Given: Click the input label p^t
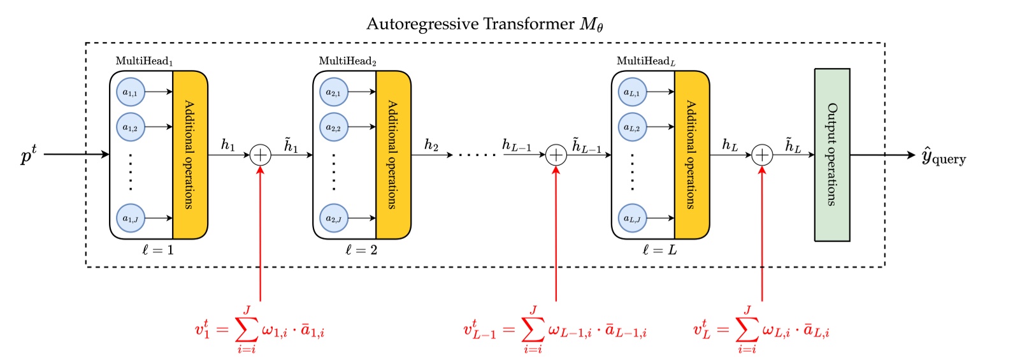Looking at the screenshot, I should (29, 154).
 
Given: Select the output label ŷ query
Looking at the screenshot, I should (944, 156).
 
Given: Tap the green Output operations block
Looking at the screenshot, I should (831, 155).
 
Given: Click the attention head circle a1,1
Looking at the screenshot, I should (131, 92).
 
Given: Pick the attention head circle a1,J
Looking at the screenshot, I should (131, 219).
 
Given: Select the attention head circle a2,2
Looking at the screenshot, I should (334, 127).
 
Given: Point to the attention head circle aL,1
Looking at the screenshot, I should (632, 92).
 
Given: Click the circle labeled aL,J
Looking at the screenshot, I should (632, 219).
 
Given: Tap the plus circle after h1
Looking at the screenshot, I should (260, 155).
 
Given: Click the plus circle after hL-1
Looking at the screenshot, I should (556, 155).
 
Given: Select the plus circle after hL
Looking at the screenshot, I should (762, 155).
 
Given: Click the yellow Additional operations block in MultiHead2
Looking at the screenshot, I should (392, 155).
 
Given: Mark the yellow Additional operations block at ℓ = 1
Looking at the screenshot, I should (189, 155).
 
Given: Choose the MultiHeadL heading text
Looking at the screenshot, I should (645, 61).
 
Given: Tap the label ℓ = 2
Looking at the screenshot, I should (361, 250).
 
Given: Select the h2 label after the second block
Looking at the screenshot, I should (431, 146).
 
